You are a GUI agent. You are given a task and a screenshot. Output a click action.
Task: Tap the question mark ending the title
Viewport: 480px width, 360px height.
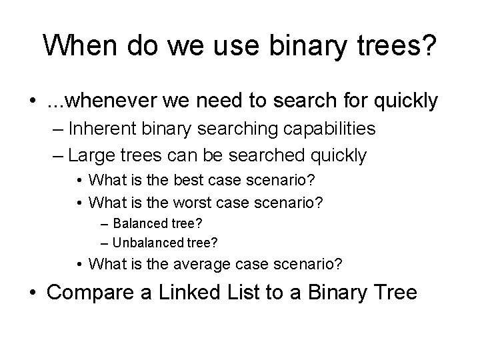click(429, 45)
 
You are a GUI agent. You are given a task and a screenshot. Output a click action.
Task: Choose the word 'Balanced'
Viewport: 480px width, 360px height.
click(139, 222)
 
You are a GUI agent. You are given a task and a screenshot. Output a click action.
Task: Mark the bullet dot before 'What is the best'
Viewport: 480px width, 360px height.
click(80, 180)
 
